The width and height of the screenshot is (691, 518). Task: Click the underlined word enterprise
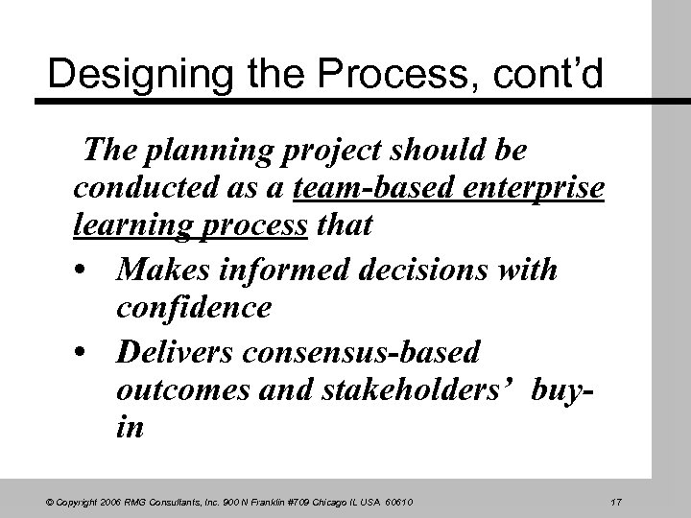pyautogui.click(x=533, y=191)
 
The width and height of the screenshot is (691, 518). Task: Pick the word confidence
pyautogui.click(x=193, y=309)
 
